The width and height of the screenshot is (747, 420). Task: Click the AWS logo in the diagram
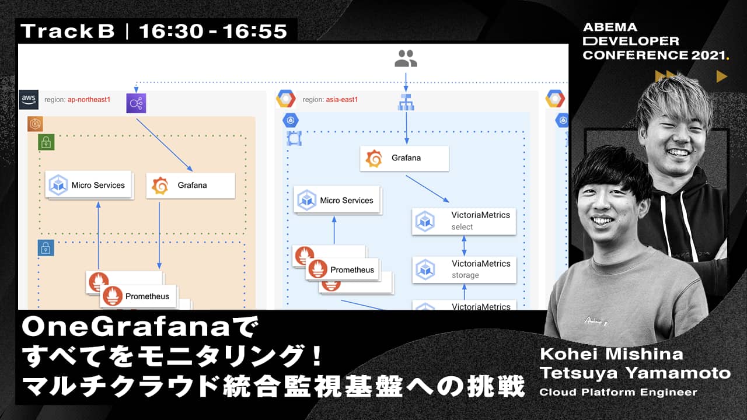[x=29, y=99]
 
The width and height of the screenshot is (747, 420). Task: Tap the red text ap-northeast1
[x=89, y=100]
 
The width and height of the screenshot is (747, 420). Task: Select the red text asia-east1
[x=342, y=100]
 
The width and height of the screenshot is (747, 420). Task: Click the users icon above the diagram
[x=406, y=58]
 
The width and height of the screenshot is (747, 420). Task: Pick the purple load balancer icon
[x=136, y=103]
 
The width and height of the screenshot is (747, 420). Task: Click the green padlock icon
[x=46, y=142]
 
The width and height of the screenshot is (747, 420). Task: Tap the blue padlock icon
[x=46, y=248]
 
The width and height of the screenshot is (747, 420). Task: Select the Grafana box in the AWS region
[x=191, y=185]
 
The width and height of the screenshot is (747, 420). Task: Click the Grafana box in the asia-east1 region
[x=404, y=158]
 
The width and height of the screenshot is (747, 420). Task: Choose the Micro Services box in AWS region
[x=89, y=185]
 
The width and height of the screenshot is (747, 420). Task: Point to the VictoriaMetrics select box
[x=464, y=221]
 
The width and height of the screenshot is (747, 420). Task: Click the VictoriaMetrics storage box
[x=464, y=269]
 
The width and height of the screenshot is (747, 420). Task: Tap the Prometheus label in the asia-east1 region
[x=352, y=269]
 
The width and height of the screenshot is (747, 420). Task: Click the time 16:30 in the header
[x=171, y=32]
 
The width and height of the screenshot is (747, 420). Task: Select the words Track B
[x=68, y=32]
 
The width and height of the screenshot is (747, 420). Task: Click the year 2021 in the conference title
[x=708, y=55]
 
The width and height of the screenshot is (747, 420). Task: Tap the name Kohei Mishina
[x=612, y=354]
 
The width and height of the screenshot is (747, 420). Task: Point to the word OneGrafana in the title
[x=125, y=327]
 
